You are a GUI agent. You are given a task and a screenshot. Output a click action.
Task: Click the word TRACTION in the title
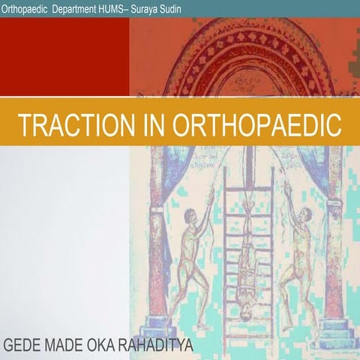[x=70, y=124]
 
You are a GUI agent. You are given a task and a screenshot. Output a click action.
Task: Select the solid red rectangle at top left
[x=64, y=57]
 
